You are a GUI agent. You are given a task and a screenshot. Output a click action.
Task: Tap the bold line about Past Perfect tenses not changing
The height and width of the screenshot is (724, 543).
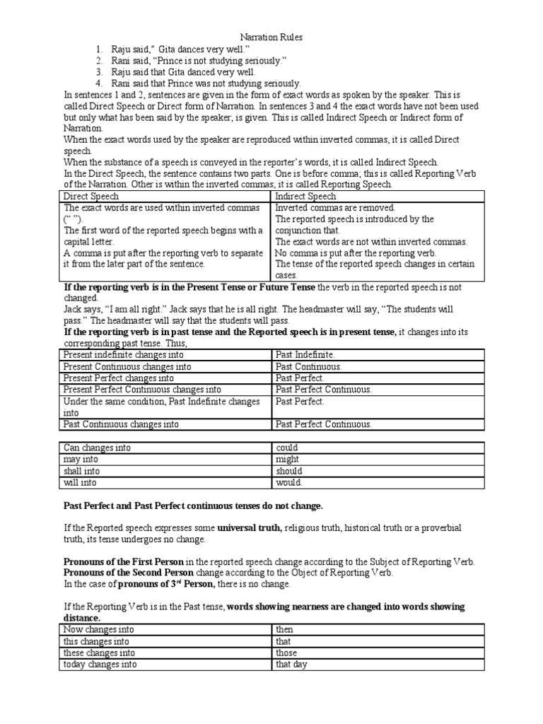(x=192, y=506)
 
